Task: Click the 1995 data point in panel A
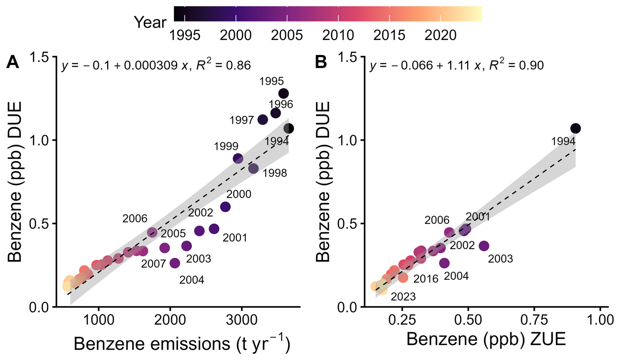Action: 283,93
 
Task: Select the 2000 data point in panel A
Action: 225,207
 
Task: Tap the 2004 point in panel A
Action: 175,263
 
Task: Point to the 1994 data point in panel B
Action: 575,129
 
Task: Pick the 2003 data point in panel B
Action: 484,246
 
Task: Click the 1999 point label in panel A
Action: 226,146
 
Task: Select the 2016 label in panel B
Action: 426,279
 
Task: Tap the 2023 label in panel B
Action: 403,297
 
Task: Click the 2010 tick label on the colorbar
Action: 338,35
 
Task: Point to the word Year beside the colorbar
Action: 150,22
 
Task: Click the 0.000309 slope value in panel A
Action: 151,66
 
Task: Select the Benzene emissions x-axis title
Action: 182,344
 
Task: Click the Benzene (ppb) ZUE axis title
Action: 486,339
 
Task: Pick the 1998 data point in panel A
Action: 253,169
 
